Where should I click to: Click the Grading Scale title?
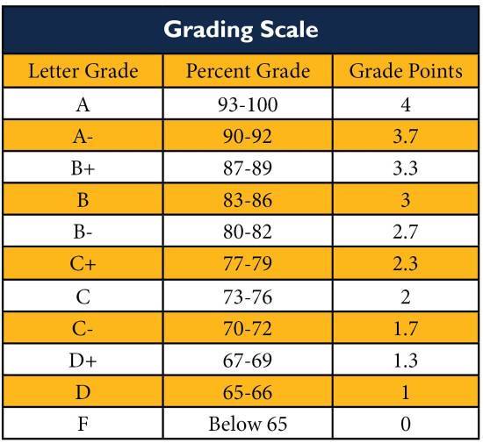(x=241, y=30)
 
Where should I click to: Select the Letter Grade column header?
(x=83, y=71)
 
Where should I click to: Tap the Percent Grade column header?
(x=248, y=71)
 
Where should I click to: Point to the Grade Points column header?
(x=406, y=71)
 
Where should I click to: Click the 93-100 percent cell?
(x=248, y=104)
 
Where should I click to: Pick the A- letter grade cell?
(x=83, y=137)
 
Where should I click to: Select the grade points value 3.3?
(x=406, y=168)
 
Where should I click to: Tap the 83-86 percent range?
(x=248, y=200)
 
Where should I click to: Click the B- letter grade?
(x=83, y=232)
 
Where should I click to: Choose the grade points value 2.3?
(x=406, y=264)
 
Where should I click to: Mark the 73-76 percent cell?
(x=248, y=297)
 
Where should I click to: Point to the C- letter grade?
(x=83, y=329)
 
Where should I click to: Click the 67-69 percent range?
(x=248, y=361)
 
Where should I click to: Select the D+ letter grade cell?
(x=83, y=361)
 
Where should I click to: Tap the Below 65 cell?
(x=248, y=424)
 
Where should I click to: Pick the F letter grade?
(x=83, y=424)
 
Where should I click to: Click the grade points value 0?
(x=406, y=424)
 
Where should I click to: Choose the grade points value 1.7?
(x=406, y=329)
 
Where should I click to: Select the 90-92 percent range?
(x=248, y=137)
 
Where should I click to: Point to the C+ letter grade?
(x=83, y=264)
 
